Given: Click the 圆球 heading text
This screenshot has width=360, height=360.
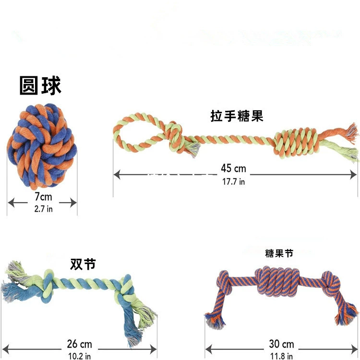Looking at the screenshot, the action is coord(40,85).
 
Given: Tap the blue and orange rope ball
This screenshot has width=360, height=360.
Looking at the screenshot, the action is coord(42,146).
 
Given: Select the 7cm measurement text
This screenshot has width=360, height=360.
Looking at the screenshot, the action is coord(43,197).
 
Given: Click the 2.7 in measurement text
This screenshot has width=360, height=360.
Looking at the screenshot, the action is coord(43,209).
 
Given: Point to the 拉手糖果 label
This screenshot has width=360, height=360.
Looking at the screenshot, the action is coord(237,116).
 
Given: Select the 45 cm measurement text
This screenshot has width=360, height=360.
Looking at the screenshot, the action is coord(233,168).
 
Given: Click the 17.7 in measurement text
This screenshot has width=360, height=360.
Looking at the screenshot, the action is coord(233,182).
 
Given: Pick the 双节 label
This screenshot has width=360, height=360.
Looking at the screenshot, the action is coord(83,264).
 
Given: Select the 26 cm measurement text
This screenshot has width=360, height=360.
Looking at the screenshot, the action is coord(79,344).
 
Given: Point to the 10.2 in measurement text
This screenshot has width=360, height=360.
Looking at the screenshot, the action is coord(79,356).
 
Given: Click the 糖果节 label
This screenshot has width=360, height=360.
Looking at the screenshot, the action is coord(279,253).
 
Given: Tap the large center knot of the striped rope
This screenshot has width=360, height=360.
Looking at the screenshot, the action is coord(277,282).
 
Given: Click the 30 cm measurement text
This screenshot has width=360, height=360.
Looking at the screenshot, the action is coord(281,344).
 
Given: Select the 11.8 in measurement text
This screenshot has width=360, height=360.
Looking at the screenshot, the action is coord(281,356).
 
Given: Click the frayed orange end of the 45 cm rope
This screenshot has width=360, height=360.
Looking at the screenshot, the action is coord(350,131).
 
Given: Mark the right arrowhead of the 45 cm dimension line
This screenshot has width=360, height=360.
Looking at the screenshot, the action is coord(353,175).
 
